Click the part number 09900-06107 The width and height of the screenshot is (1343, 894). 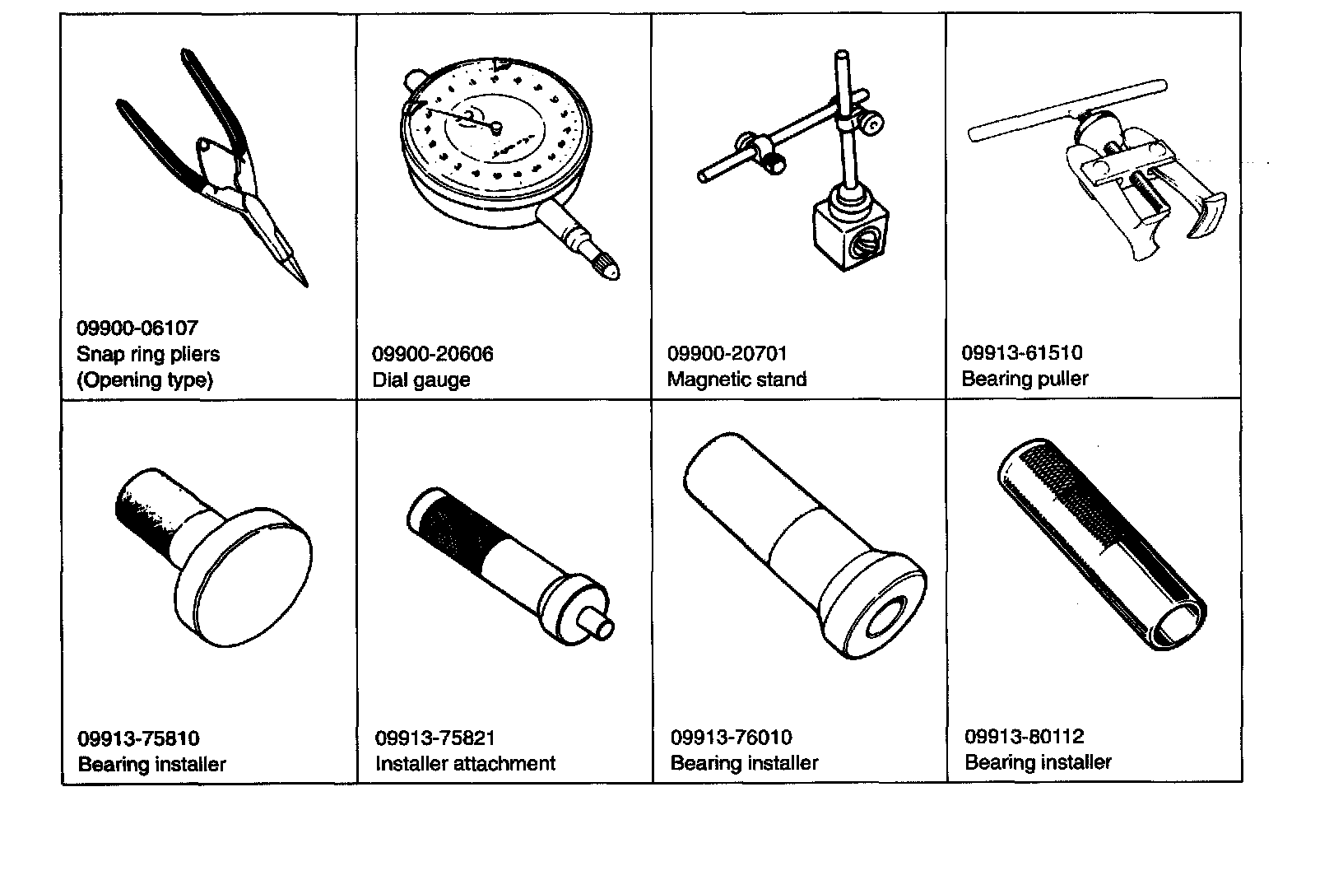coord(137,328)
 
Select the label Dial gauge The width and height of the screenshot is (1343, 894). coord(421,379)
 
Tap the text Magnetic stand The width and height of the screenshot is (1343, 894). coord(737,379)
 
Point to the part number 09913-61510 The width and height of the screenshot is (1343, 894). coord(1021,352)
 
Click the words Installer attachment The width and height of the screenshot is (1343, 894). coord(465,763)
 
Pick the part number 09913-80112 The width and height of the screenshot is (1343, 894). coord(1024,736)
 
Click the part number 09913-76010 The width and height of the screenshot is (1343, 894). coord(731,737)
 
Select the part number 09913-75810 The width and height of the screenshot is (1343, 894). coord(138,738)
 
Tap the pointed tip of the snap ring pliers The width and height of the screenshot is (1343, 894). coord(306,286)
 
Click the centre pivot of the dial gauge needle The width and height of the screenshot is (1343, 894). coord(496,127)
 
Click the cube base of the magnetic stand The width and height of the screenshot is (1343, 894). coord(849,234)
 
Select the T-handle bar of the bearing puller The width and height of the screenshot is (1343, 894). coord(1067,110)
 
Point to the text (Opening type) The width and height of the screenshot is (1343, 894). coord(145,380)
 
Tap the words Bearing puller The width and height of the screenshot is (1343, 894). coord(1025,379)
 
